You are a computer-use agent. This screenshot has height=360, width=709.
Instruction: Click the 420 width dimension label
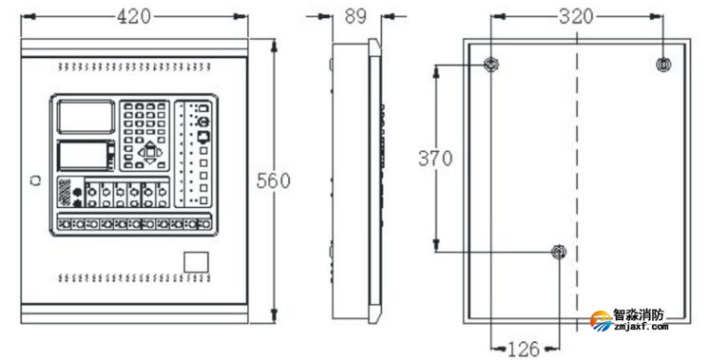(x=137, y=16)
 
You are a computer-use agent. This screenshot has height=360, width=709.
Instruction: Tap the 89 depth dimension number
(x=354, y=16)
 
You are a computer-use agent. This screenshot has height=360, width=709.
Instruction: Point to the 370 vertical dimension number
(x=436, y=158)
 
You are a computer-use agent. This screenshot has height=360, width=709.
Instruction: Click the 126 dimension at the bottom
(x=524, y=347)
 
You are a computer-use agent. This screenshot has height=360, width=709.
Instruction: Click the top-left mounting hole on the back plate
(x=490, y=65)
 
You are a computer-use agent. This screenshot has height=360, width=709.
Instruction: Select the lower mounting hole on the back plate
(x=560, y=252)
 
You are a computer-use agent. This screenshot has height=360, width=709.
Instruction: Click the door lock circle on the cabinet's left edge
(x=34, y=180)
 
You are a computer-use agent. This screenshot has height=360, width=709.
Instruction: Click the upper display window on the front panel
(x=83, y=116)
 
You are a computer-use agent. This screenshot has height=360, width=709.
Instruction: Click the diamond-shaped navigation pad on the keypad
(x=149, y=150)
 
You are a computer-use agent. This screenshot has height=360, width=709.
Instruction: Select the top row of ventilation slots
(x=134, y=67)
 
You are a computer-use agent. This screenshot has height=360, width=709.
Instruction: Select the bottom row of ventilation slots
(x=134, y=278)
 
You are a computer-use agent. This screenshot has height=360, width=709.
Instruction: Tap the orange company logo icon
(x=600, y=321)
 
